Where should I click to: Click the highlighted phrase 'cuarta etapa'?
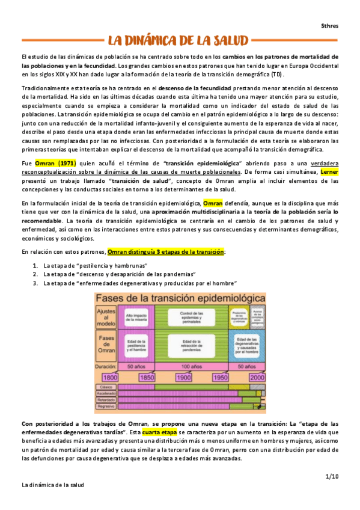[160, 432]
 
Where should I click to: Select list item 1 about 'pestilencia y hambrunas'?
[87, 265]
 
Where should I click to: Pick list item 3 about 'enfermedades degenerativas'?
[140, 282]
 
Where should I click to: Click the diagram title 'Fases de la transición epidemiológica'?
[179, 298]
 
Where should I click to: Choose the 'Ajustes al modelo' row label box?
[106, 316]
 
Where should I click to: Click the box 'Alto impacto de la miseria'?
[138, 316]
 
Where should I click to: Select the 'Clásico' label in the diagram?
[106, 387]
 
